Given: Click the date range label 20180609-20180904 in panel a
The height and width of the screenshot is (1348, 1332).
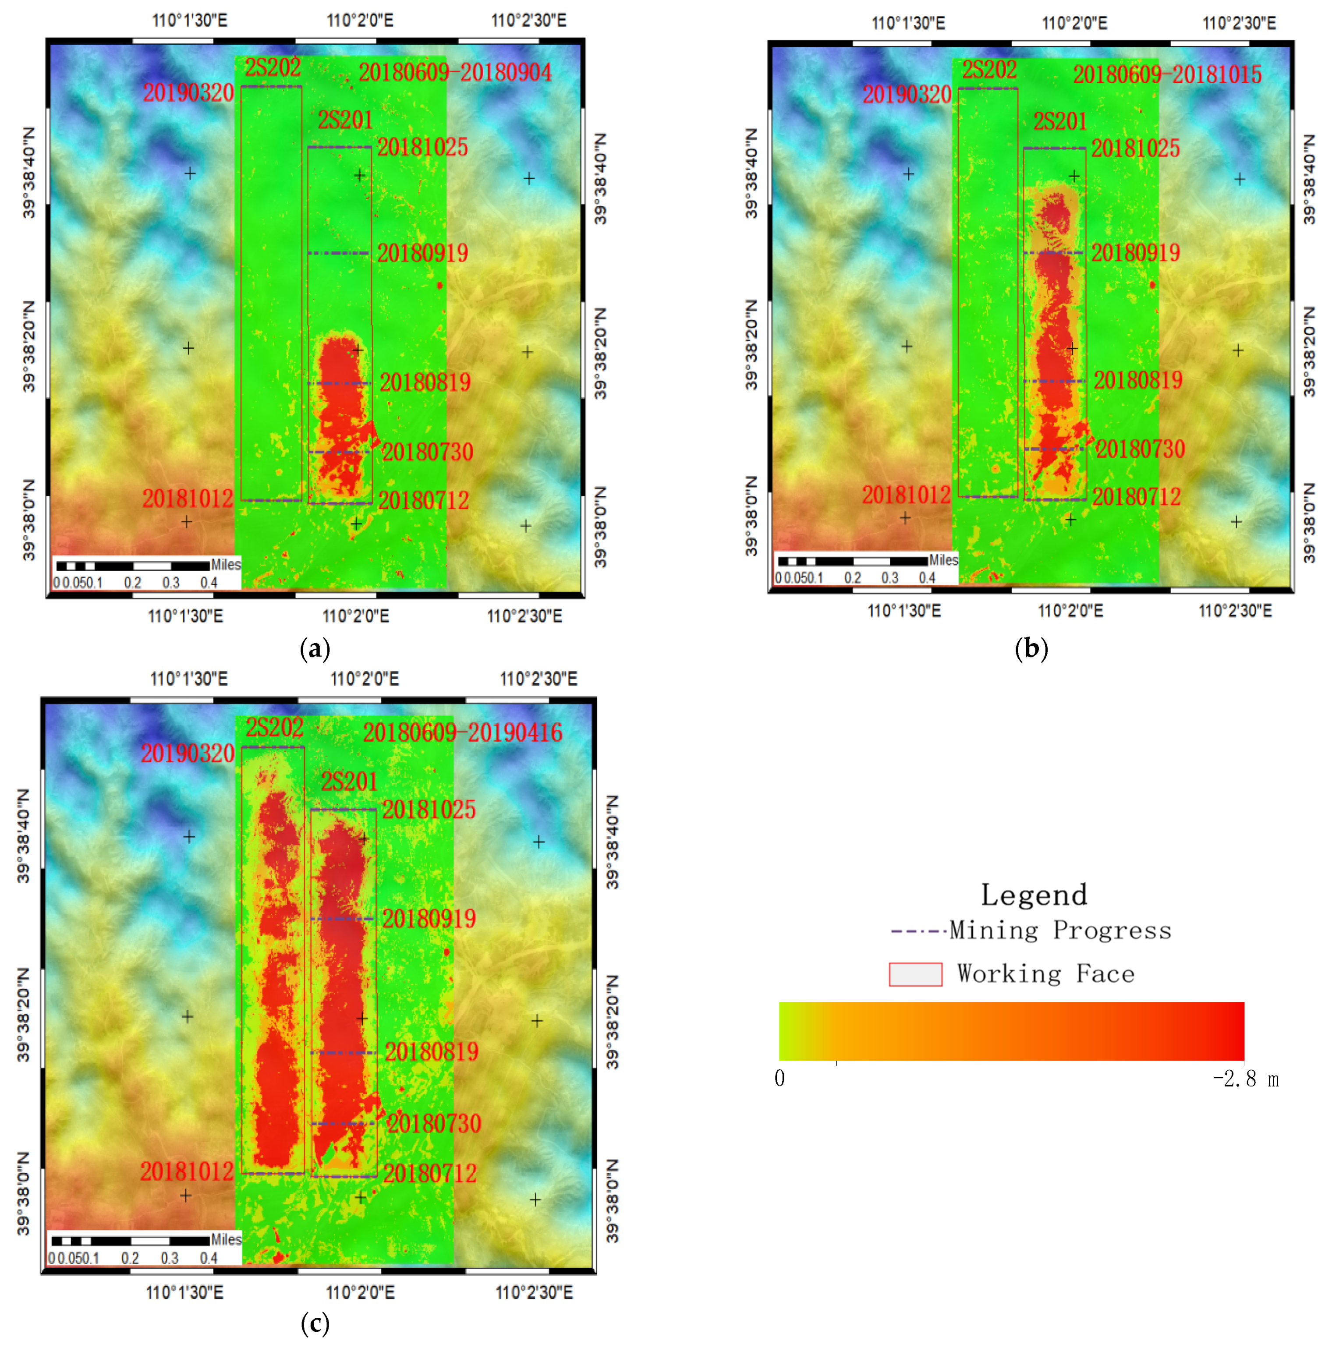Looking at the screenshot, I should pyautogui.click(x=455, y=73).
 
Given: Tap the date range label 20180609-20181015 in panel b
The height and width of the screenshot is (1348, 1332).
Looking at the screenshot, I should pyautogui.click(x=1167, y=74).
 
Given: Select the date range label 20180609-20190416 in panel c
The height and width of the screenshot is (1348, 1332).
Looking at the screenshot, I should pyautogui.click(x=463, y=732).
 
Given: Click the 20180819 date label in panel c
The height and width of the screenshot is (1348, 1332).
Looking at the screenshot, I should pyautogui.click(x=432, y=1051).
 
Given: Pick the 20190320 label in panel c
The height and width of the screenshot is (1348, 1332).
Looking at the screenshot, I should pyautogui.click(x=188, y=754).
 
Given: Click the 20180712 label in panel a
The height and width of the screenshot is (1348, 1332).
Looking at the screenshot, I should pyautogui.click(x=424, y=500).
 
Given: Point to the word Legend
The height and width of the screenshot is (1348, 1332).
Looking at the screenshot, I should pyautogui.click(x=1033, y=895).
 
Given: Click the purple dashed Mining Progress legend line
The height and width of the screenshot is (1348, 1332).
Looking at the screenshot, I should pyautogui.click(x=918, y=931).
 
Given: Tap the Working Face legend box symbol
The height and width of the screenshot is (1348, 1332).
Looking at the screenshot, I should pyautogui.click(x=915, y=974).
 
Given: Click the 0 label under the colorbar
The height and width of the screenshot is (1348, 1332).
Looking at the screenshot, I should pyautogui.click(x=779, y=1079).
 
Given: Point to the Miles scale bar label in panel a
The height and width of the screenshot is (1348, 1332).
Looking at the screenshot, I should pyautogui.click(x=226, y=564).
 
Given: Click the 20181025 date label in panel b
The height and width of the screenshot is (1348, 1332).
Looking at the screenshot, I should pyautogui.click(x=1135, y=149).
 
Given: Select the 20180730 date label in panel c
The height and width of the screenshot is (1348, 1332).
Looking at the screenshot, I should pyautogui.click(x=434, y=1123).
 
